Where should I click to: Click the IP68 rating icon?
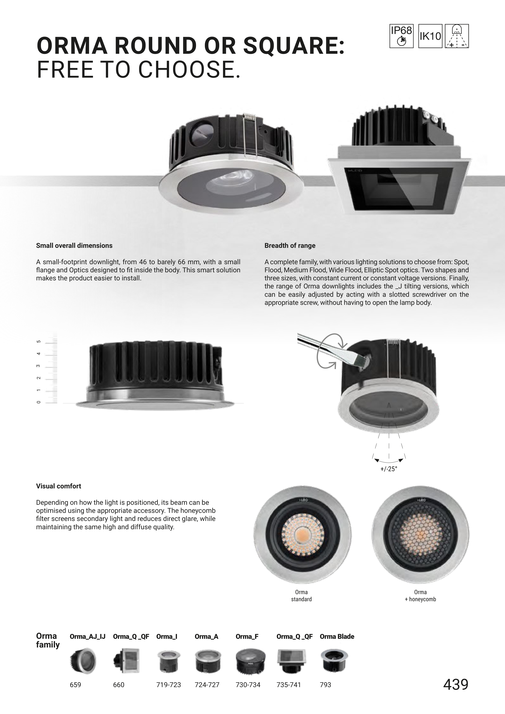[x=401, y=36]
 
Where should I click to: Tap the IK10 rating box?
[x=430, y=36]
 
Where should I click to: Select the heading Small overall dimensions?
[x=74, y=246]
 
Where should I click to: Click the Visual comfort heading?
[x=58, y=486]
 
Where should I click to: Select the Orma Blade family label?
[x=337, y=637]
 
